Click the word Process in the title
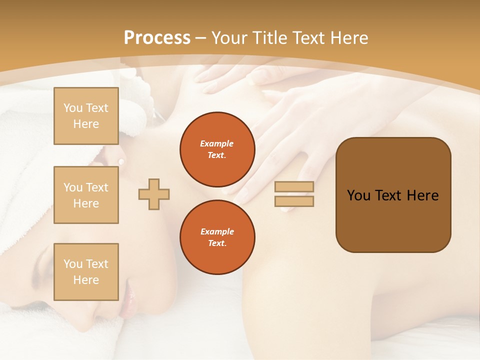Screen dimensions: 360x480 (x=157, y=38)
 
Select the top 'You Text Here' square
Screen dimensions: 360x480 (x=86, y=116)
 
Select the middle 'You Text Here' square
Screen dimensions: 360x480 (x=86, y=195)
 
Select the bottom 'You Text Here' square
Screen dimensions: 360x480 (x=86, y=272)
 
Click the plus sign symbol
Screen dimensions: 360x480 (x=154, y=194)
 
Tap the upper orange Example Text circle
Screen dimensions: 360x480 (x=217, y=149)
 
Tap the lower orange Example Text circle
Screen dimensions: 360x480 (x=217, y=237)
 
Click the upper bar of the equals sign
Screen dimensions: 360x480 (x=294, y=187)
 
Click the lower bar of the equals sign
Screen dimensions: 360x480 (x=294, y=201)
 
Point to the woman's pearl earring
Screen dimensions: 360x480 (x=121, y=161)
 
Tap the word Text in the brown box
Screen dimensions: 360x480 (x=388, y=195)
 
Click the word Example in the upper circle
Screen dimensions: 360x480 (x=217, y=144)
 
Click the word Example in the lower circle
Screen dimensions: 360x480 (x=217, y=231)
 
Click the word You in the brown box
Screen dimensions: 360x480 (x=358, y=195)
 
